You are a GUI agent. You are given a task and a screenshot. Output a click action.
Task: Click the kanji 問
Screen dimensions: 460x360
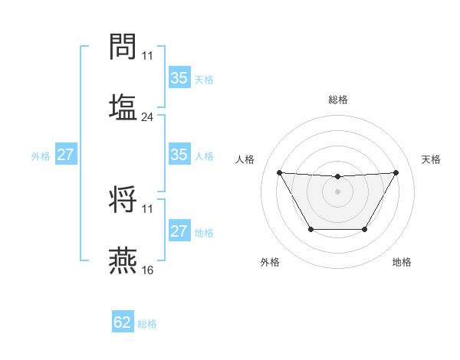coord(123,47)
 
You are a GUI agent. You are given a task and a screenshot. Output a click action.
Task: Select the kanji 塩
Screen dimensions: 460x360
coord(123,106)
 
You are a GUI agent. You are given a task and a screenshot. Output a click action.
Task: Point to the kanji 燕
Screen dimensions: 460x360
coord(123,260)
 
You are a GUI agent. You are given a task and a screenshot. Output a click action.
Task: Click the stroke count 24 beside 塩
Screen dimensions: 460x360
coord(148,117)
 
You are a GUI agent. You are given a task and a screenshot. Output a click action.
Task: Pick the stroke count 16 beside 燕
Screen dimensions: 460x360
coord(148,270)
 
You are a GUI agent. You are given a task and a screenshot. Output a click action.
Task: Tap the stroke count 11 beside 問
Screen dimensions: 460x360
coord(148,56)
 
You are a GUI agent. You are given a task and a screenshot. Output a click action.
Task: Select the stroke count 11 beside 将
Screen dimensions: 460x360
coord(148,208)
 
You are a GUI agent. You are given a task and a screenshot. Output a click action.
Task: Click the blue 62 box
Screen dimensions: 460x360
coord(123,322)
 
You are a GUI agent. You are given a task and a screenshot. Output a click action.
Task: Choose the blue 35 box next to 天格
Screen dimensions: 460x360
coord(179,78)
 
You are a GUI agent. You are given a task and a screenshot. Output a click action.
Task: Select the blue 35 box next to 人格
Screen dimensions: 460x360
coord(179,155)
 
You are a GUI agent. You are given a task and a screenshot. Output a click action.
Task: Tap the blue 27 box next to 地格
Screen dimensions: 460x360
coord(179,231)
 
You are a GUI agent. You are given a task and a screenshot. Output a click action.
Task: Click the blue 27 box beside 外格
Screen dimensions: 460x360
coord(65,155)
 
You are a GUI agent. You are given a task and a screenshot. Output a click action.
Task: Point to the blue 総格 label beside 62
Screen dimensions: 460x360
coord(147,324)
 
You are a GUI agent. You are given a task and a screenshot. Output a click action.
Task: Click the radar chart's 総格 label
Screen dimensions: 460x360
coord(337,100)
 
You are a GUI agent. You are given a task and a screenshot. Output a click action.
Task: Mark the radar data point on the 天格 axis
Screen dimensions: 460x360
coord(396,172)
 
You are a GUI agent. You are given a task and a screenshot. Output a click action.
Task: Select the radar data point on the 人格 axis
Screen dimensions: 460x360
coord(279,172)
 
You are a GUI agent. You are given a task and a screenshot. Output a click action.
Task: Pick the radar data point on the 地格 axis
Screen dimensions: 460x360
coord(364,229)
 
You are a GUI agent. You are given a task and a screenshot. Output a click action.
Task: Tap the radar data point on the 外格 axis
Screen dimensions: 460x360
coord(310,229)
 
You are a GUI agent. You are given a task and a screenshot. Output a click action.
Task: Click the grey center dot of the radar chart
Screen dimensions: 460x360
coord(337,191)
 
